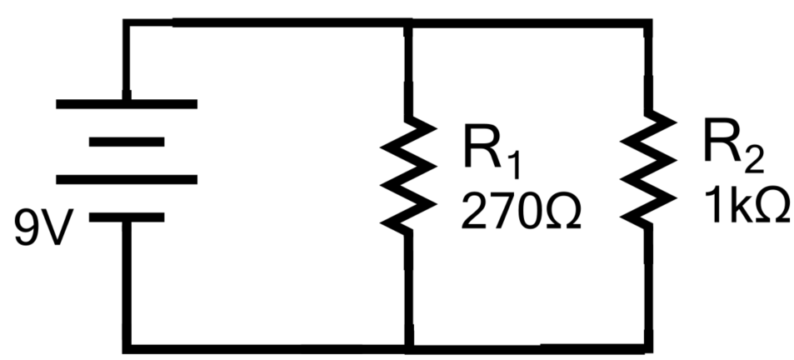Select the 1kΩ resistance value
tap(747, 207)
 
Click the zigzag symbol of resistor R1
tap(408, 172)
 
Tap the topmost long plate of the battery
tap(127, 104)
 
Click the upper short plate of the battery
tap(127, 142)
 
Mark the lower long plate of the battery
tap(127, 179)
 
